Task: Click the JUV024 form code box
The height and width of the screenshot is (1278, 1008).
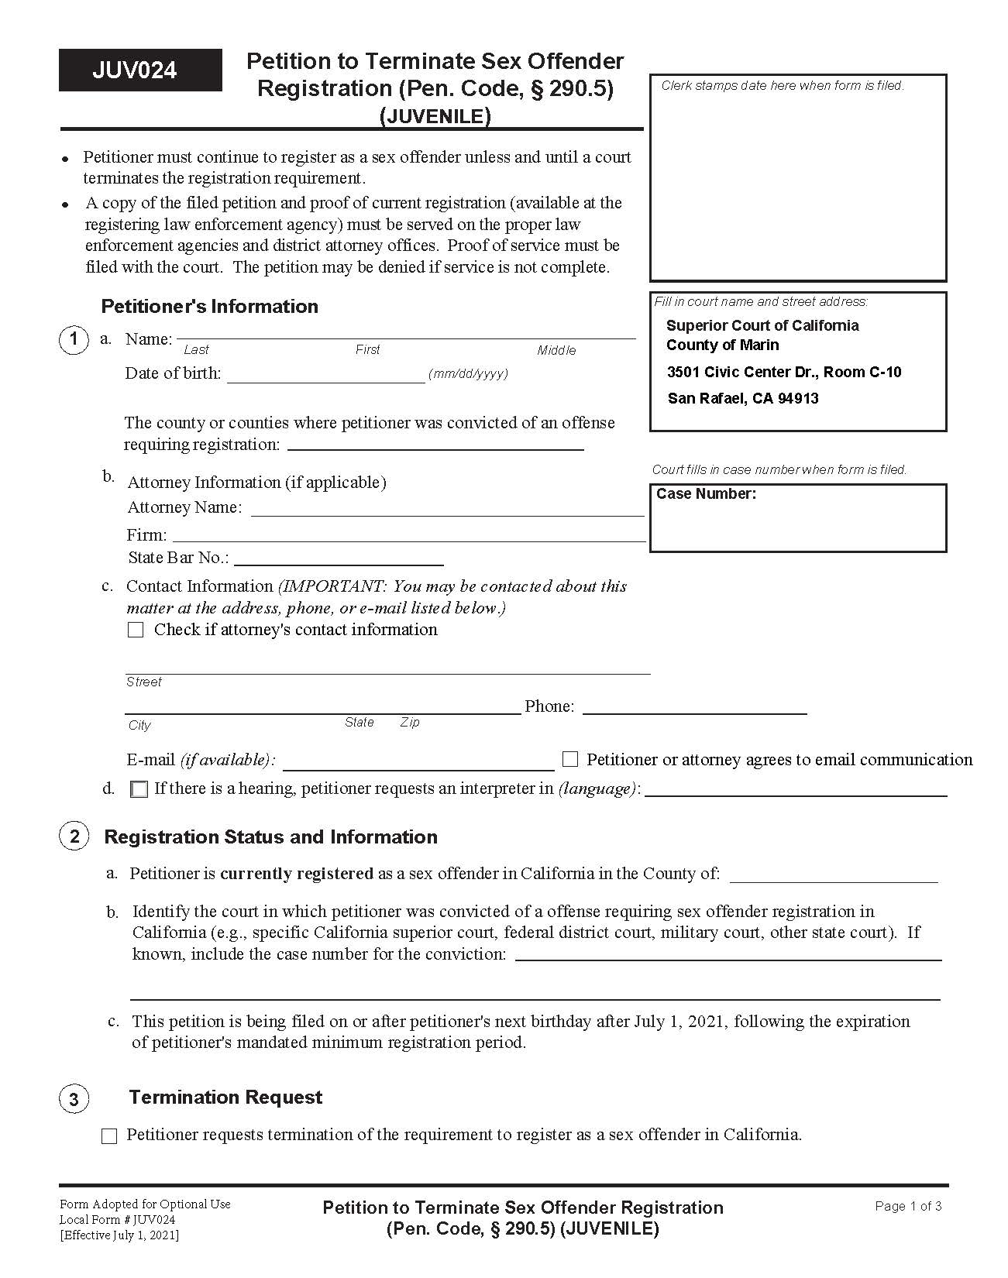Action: point(140,70)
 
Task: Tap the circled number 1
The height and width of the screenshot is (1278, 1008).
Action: point(74,340)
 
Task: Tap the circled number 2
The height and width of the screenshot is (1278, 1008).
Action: point(74,837)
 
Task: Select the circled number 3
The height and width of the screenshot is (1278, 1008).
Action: point(74,1099)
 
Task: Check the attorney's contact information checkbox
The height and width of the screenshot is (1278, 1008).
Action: point(136,630)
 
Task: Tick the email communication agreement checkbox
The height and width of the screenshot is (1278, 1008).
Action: point(570,759)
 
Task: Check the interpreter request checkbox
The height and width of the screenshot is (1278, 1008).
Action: point(139,789)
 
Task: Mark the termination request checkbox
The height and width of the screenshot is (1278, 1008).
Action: point(109,1136)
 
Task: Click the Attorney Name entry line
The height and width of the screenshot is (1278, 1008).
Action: point(447,510)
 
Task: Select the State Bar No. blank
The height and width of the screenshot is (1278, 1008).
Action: point(339,559)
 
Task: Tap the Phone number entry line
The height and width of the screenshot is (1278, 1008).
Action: point(694,708)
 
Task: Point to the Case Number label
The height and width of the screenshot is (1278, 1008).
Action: point(706,494)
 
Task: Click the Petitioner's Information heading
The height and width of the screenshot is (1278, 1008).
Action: point(209,307)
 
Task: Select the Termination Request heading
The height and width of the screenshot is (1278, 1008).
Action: point(225,1098)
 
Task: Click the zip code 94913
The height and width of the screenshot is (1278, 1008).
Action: point(799,399)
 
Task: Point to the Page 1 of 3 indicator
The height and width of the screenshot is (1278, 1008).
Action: point(908,1206)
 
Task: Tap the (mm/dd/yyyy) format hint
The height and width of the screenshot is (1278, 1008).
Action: point(469,374)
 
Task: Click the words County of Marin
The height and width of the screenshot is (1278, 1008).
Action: point(722,345)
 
